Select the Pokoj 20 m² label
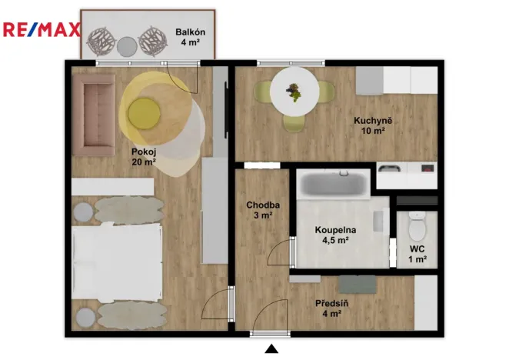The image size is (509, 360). (x=143, y=157)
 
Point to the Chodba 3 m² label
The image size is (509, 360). (x=263, y=210)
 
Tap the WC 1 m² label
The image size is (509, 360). (x=418, y=254)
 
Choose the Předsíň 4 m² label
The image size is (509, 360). (x=332, y=308)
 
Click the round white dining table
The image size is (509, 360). (x=294, y=91)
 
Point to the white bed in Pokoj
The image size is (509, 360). (x=115, y=262)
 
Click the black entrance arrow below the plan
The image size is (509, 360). (x=271, y=349)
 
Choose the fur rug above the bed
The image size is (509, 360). (x=129, y=206)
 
